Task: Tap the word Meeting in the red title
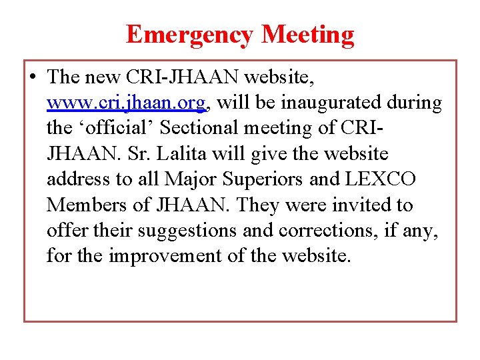[308, 35]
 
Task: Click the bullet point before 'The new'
[33, 77]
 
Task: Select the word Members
[81, 205]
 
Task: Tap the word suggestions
[183, 230]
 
